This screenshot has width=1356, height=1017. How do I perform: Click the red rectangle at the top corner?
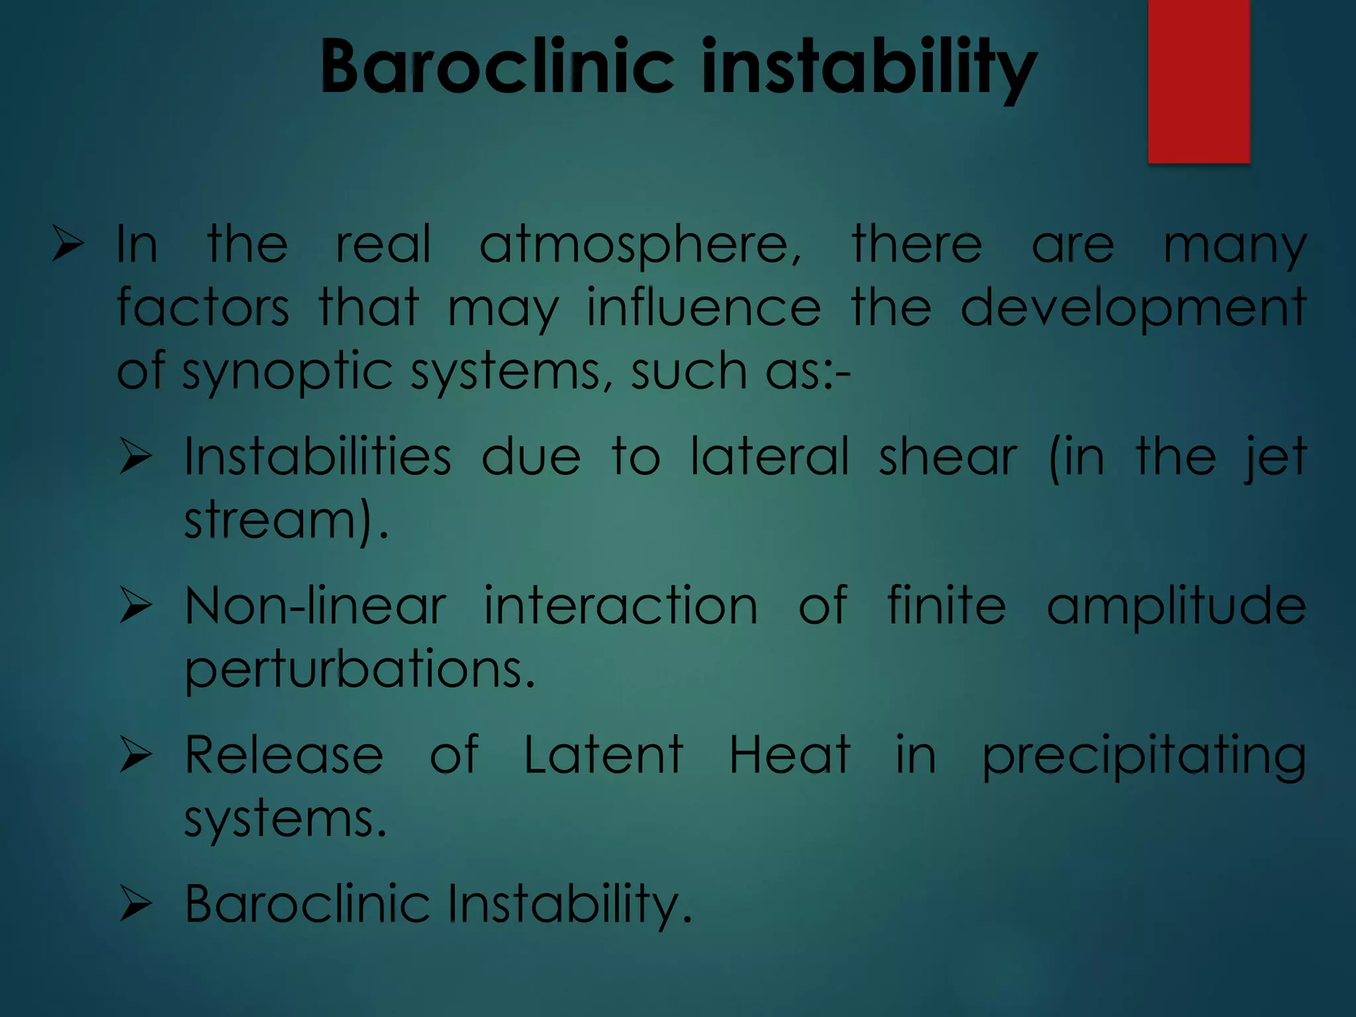point(1198,81)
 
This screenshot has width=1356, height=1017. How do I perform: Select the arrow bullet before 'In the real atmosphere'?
point(68,244)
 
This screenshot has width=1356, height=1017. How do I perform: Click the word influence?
point(703,308)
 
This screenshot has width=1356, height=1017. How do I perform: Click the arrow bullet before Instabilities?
point(136,458)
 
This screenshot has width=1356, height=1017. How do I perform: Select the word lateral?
point(769,457)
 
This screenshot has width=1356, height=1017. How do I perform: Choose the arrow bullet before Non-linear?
point(136,606)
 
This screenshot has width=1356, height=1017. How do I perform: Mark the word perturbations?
point(358,670)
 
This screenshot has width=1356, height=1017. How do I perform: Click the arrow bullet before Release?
point(136,755)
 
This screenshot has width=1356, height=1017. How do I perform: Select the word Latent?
point(603,755)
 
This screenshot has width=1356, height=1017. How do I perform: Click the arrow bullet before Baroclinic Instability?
point(136,904)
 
